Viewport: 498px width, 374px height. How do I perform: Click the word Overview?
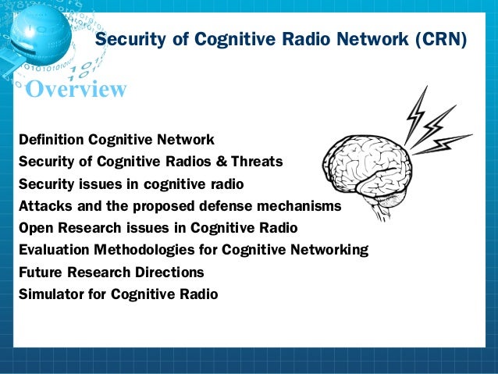pos(76,90)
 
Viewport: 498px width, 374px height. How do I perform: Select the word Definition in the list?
pos(51,140)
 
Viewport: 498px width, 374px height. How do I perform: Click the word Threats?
pos(256,162)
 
